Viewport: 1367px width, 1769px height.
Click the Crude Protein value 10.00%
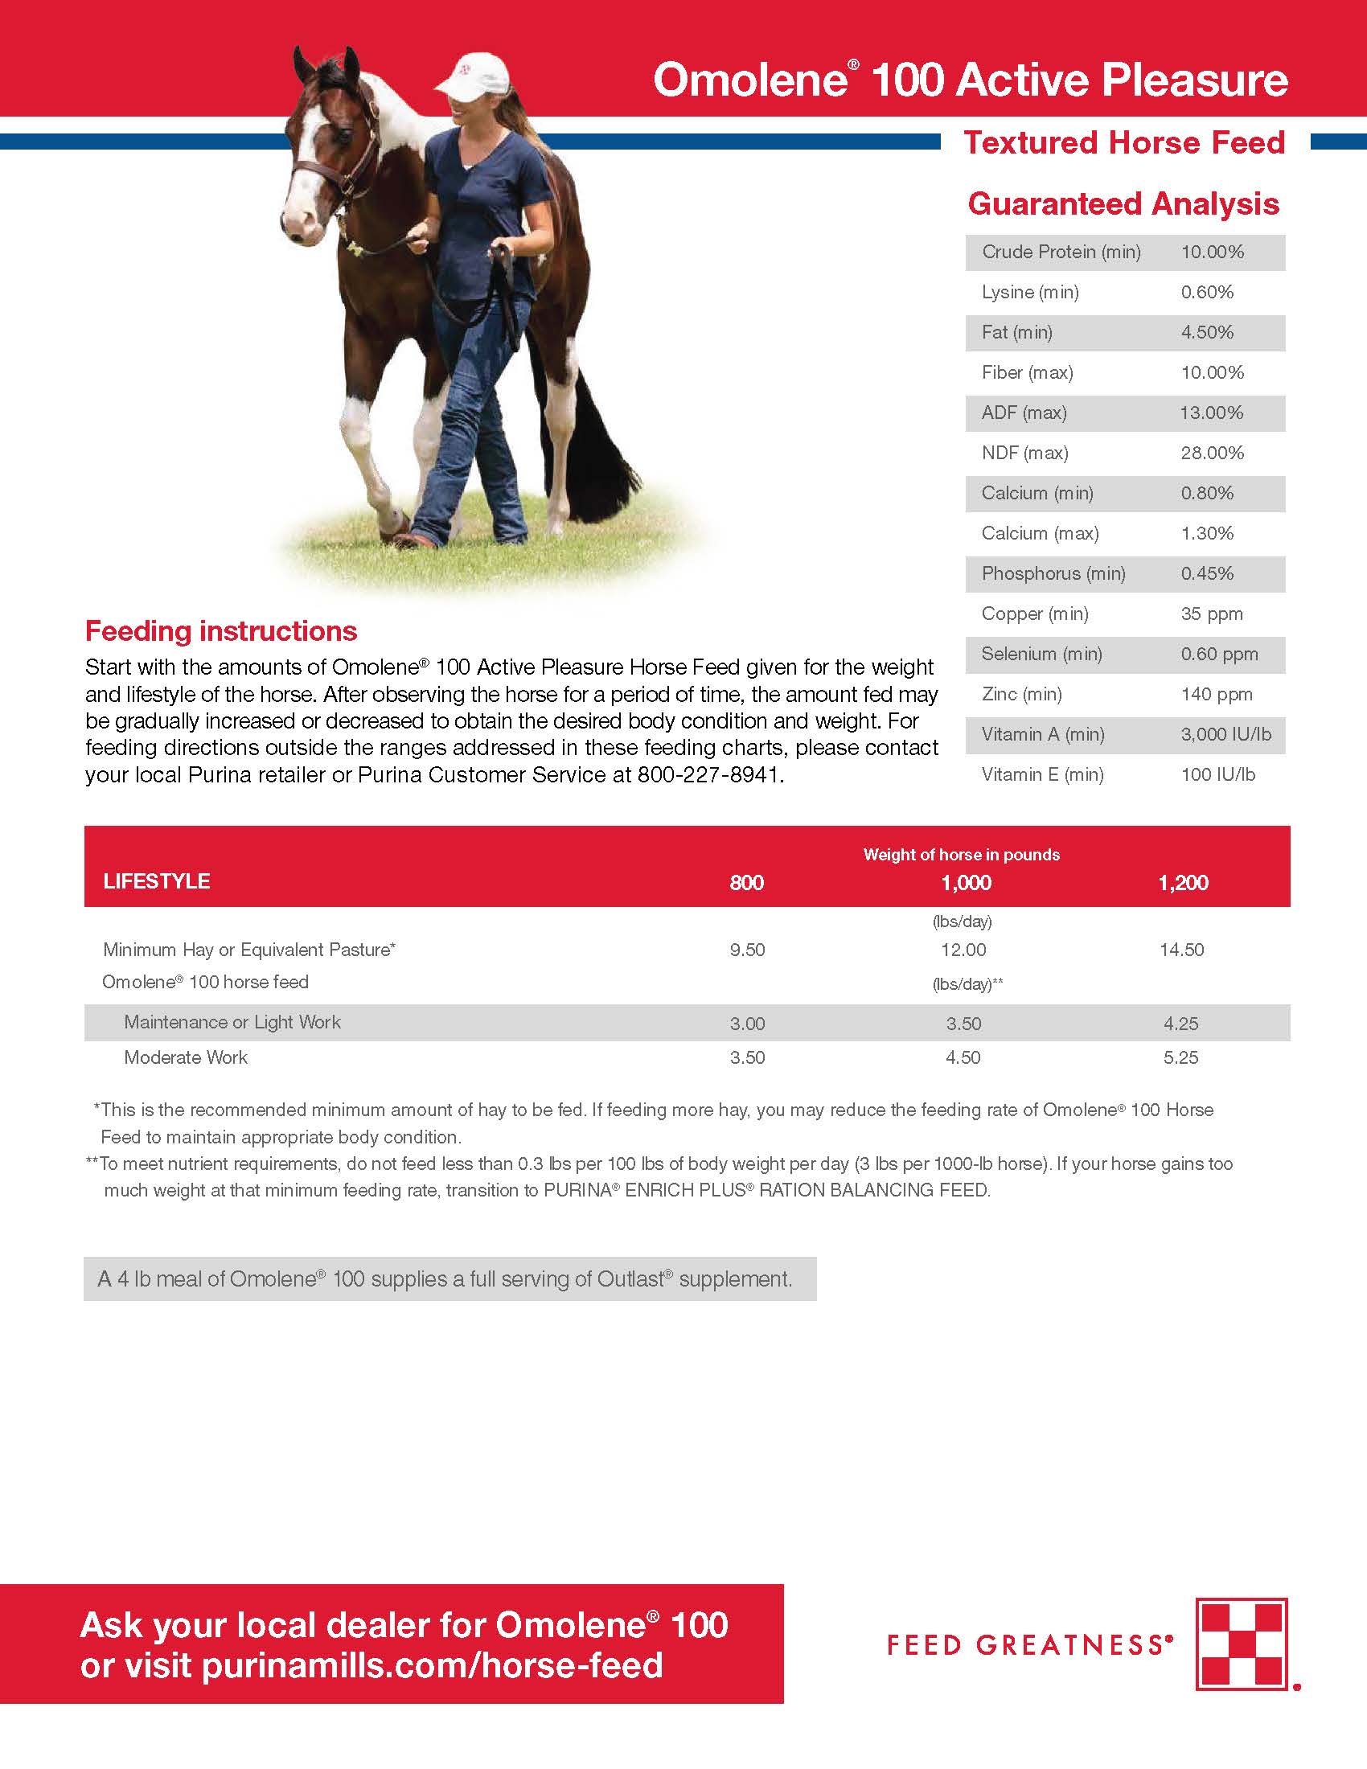coord(1212,252)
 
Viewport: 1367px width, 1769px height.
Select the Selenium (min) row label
coord(1041,654)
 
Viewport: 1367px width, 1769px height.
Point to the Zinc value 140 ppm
coord(1216,694)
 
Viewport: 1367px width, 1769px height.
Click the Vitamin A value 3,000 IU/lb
coord(1225,735)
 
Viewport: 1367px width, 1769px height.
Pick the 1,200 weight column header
coord(1182,883)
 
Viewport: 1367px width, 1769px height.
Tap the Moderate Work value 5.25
coord(1180,1057)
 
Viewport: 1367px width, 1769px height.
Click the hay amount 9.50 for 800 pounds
coord(747,950)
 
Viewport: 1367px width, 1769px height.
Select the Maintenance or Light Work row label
coord(232,1022)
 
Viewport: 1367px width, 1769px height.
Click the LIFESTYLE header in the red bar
coord(156,881)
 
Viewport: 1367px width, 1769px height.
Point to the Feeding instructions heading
coord(221,631)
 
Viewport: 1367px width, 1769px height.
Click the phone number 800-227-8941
coord(708,775)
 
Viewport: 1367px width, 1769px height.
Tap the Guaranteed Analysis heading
coord(1123,204)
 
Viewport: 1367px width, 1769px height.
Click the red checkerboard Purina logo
coord(1242,1645)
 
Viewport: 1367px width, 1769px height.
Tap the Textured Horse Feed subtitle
coord(1124,142)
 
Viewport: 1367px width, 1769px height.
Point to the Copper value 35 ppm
coord(1211,614)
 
